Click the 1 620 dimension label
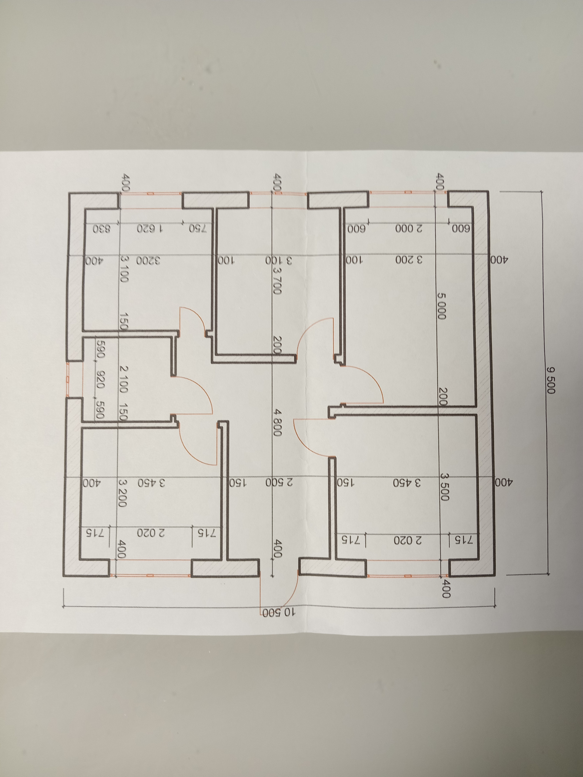[x=150, y=229]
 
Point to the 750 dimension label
[x=198, y=229]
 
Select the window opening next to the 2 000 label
[x=407, y=192]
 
